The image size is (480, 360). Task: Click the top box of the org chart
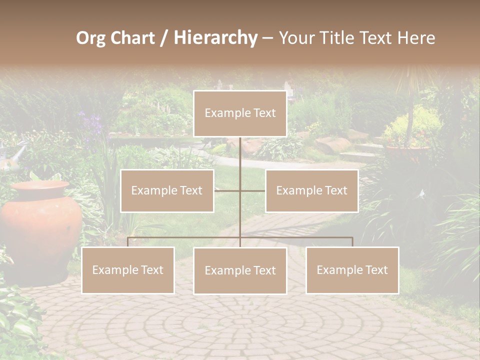[240, 113]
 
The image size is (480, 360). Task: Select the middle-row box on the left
[167, 191]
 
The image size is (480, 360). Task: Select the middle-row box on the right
[311, 191]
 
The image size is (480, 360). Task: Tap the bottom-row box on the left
[128, 270]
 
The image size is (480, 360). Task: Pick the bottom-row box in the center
[240, 270]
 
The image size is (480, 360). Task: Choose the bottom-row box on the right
[352, 270]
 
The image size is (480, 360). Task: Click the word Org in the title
[90, 38]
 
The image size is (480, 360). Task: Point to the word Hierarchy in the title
[215, 38]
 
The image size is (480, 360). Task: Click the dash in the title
[268, 38]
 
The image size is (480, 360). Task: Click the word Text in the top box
[264, 113]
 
